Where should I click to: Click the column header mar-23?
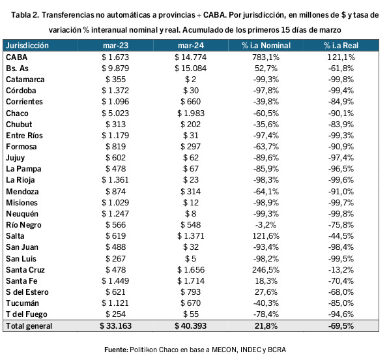(x=115, y=46)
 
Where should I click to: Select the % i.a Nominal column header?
(x=266, y=46)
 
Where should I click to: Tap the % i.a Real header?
(x=341, y=46)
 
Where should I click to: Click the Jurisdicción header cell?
(x=27, y=46)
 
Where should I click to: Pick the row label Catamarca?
(x=25, y=80)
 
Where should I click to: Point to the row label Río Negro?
(x=23, y=225)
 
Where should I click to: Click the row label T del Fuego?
(x=27, y=314)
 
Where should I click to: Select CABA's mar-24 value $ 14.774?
(x=190, y=57)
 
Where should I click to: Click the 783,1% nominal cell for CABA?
(x=266, y=57)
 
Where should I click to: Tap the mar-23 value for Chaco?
(x=115, y=113)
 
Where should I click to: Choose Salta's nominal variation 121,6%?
(x=266, y=236)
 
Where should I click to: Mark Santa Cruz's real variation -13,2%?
(x=341, y=270)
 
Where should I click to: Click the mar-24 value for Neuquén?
(x=190, y=214)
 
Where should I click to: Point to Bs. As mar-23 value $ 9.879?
(x=115, y=68)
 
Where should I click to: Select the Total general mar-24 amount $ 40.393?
(x=190, y=325)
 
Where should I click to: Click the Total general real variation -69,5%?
(x=341, y=325)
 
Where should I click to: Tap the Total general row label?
(x=29, y=326)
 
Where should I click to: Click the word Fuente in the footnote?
(x=116, y=350)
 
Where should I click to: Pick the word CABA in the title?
(x=214, y=15)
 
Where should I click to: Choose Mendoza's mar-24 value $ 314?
(x=190, y=192)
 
